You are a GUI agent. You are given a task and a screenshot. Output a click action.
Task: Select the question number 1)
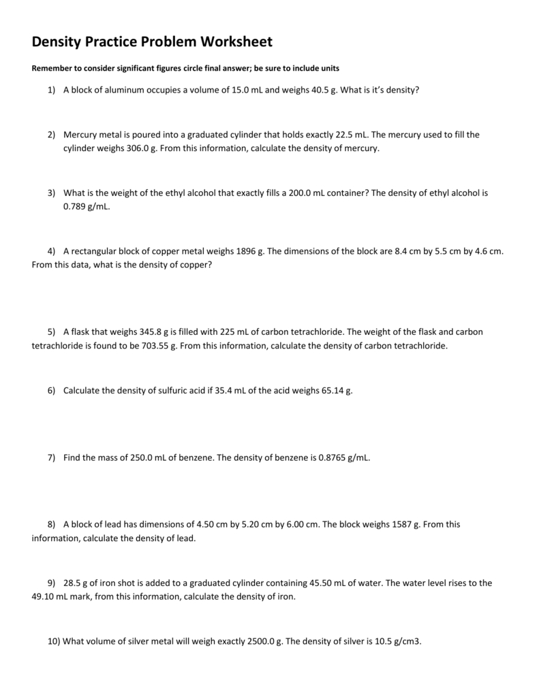pyautogui.click(x=51, y=90)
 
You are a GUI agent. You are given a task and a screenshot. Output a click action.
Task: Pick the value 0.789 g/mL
pyautogui.click(x=86, y=206)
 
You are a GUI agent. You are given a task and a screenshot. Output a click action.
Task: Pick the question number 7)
pyautogui.click(x=51, y=458)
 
